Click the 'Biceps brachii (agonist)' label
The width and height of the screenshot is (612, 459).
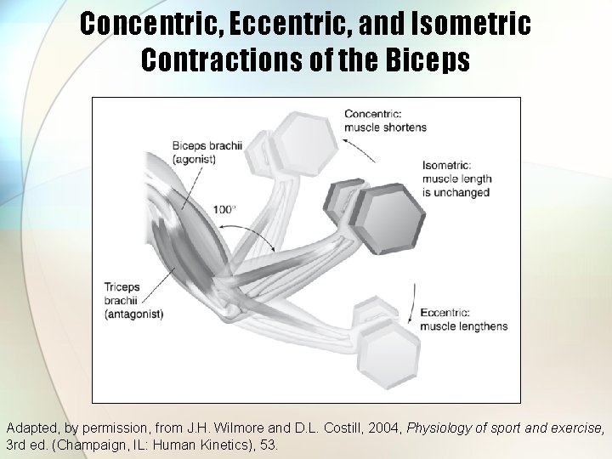coord(207,152)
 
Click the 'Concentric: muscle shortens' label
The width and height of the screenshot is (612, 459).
coord(385,120)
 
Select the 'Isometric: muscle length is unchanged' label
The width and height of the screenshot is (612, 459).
coord(456,178)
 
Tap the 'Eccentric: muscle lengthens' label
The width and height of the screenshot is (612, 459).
coord(464,320)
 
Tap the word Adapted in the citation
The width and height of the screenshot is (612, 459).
coord(31,427)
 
